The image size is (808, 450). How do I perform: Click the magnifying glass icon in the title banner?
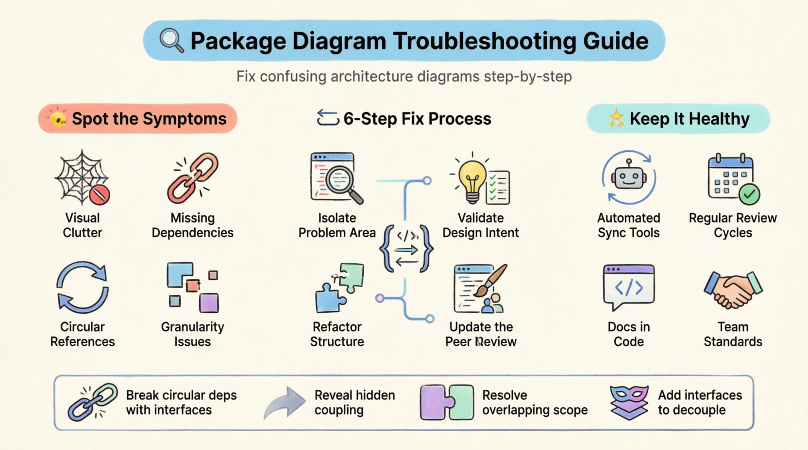point(171,40)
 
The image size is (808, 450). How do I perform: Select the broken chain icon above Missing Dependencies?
point(193,177)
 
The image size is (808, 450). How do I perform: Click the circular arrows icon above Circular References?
point(83,287)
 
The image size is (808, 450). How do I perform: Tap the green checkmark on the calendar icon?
point(749,194)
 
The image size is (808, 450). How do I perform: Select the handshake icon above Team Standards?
point(733,289)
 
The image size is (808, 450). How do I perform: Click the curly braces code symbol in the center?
point(406,248)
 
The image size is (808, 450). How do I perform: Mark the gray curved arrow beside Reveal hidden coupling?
point(284,402)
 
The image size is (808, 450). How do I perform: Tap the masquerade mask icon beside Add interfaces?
point(629,402)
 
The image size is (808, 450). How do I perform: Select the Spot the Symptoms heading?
point(149,119)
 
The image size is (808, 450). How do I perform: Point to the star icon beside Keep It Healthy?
point(616,118)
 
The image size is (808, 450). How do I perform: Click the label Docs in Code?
point(628,334)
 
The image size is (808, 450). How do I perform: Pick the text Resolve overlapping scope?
point(534,402)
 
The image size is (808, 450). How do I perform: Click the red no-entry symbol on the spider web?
point(100,195)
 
